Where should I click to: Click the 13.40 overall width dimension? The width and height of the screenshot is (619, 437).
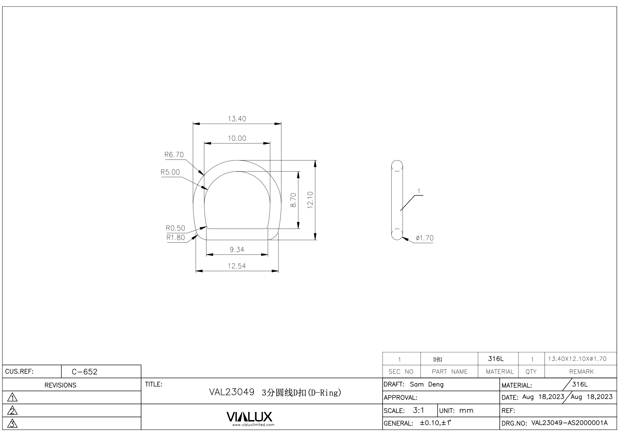[x=237, y=119]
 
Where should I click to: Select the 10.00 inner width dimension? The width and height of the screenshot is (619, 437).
[x=237, y=138]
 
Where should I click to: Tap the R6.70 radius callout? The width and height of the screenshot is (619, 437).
[x=174, y=154]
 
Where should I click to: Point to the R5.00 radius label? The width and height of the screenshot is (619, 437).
[x=170, y=172]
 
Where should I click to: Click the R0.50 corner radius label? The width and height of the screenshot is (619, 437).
[x=175, y=228]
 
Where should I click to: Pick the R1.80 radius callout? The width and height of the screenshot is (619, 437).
[x=175, y=237]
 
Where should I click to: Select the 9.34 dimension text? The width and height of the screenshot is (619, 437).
[x=237, y=250]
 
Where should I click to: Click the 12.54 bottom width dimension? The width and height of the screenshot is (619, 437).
[x=237, y=266]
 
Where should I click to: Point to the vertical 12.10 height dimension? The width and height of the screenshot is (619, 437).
[x=311, y=200]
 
